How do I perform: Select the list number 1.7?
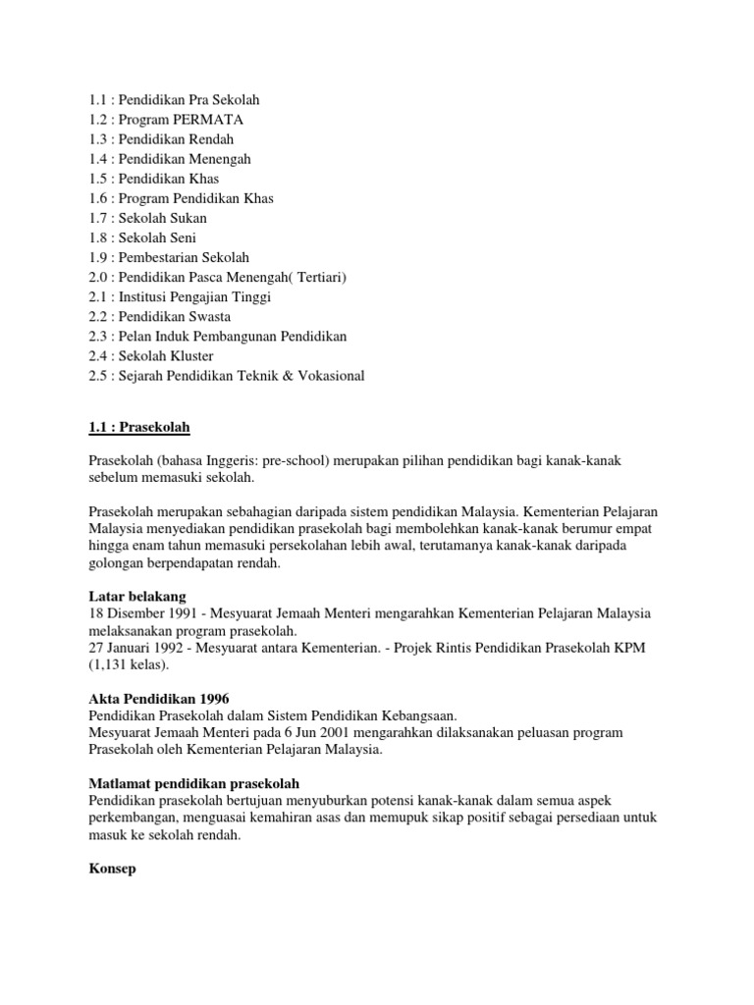pyautogui.click(x=98, y=218)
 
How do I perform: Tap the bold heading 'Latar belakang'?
pyautogui.click(x=136, y=597)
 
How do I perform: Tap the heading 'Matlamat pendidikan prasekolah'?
pyautogui.click(x=193, y=784)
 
